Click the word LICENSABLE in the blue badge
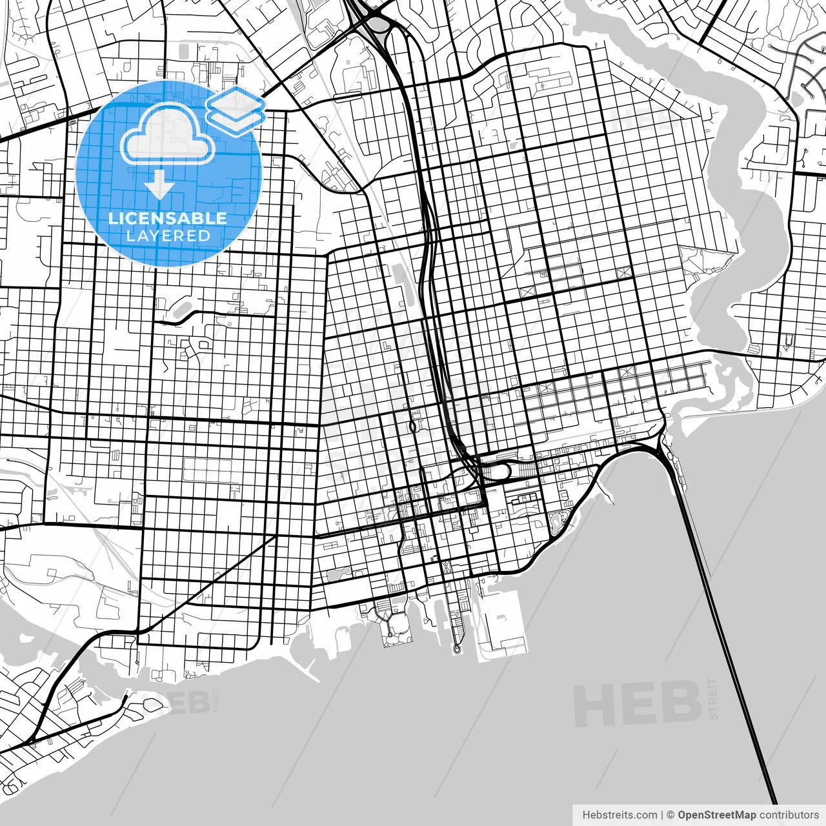click(168, 218)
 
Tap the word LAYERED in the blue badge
click(168, 236)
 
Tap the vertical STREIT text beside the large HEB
click(712, 698)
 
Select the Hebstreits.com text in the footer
click(619, 815)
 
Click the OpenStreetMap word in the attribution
click(716, 815)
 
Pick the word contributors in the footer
click(789, 815)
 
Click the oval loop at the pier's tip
click(457, 648)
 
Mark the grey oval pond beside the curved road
click(183, 308)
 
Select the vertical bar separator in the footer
click(662, 815)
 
